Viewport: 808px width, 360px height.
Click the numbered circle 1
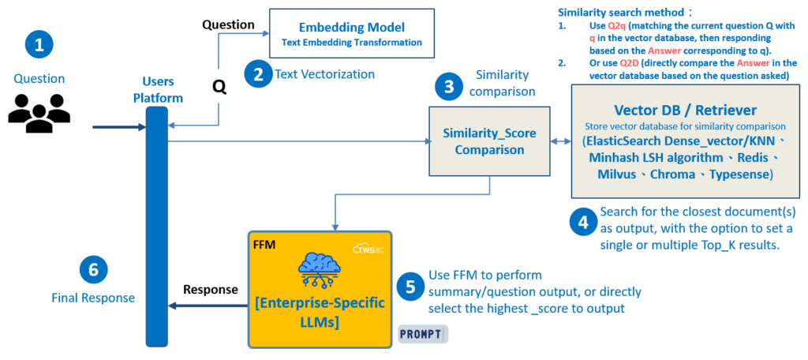point(39,44)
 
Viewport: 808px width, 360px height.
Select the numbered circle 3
point(449,87)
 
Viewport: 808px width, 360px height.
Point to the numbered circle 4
point(582,223)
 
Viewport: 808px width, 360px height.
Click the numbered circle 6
point(93,271)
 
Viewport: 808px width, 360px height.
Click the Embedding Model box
point(352,32)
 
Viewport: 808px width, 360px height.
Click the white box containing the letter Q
point(219,90)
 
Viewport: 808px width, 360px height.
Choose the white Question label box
point(228,24)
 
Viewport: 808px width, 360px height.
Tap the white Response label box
point(211,289)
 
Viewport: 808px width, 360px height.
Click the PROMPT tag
point(422,334)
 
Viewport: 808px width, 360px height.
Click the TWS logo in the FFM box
point(367,247)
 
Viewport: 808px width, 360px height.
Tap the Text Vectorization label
point(324,74)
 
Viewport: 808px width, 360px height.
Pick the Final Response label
point(93,298)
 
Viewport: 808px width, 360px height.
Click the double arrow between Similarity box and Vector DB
point(559,141)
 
